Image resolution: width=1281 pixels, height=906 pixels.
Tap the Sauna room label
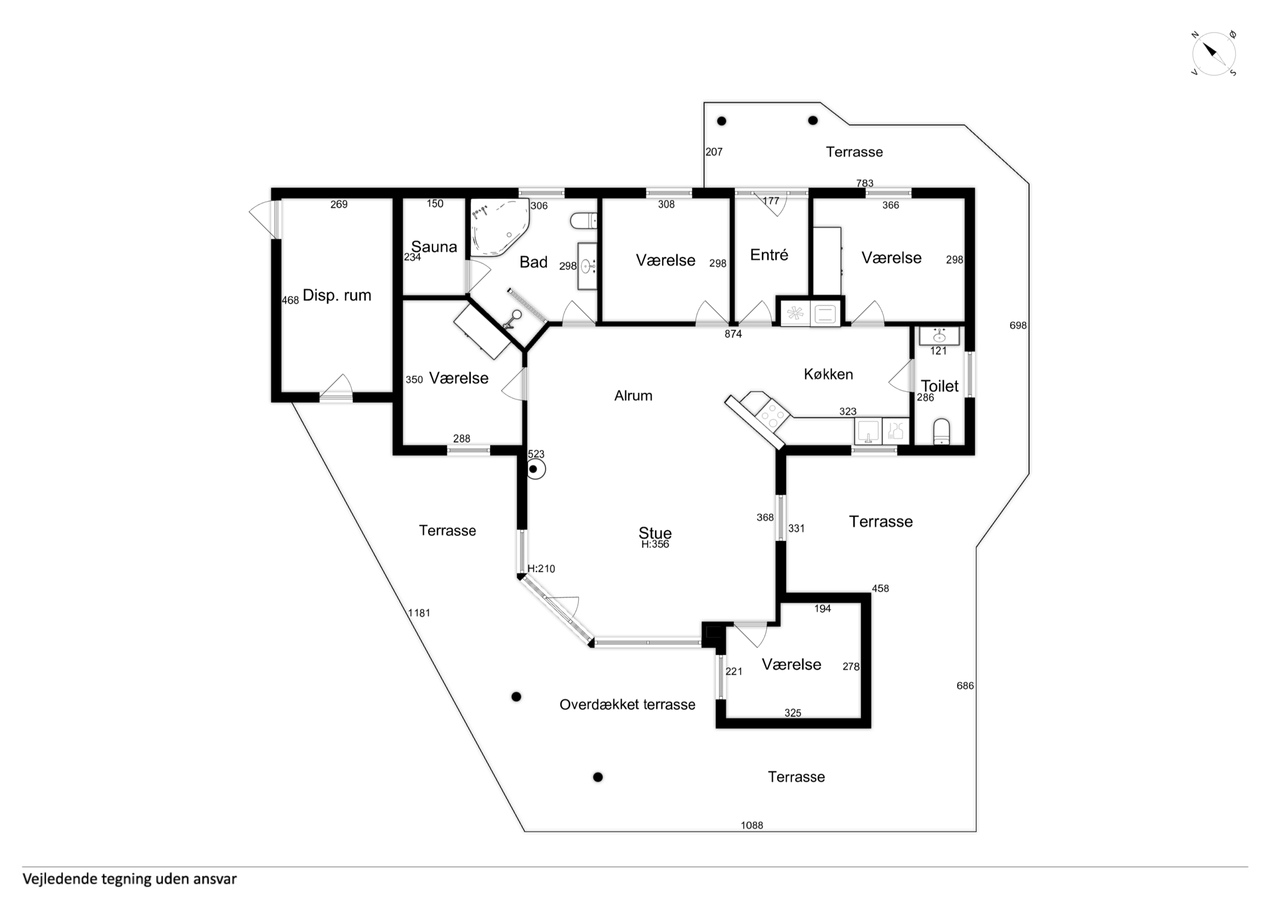[434, 247]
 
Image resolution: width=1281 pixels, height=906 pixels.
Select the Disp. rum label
[337, 295]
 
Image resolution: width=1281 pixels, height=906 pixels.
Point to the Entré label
[769, 255]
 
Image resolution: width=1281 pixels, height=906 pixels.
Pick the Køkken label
[829, 374]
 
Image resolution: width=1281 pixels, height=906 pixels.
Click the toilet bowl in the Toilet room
[942, 431]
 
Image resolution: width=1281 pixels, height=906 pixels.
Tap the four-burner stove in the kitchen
[773, 416]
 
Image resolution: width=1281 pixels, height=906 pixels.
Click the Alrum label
[633, 396]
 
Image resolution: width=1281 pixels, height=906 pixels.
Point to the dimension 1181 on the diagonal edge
[419, 613]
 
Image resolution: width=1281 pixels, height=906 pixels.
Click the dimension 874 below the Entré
[733, 334]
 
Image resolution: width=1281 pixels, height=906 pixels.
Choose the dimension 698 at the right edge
[1018, 325]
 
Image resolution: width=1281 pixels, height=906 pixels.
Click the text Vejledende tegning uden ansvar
[129, 879]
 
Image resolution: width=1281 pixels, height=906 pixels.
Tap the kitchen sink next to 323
[868, 431]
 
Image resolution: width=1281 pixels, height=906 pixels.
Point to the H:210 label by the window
[541, 569]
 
